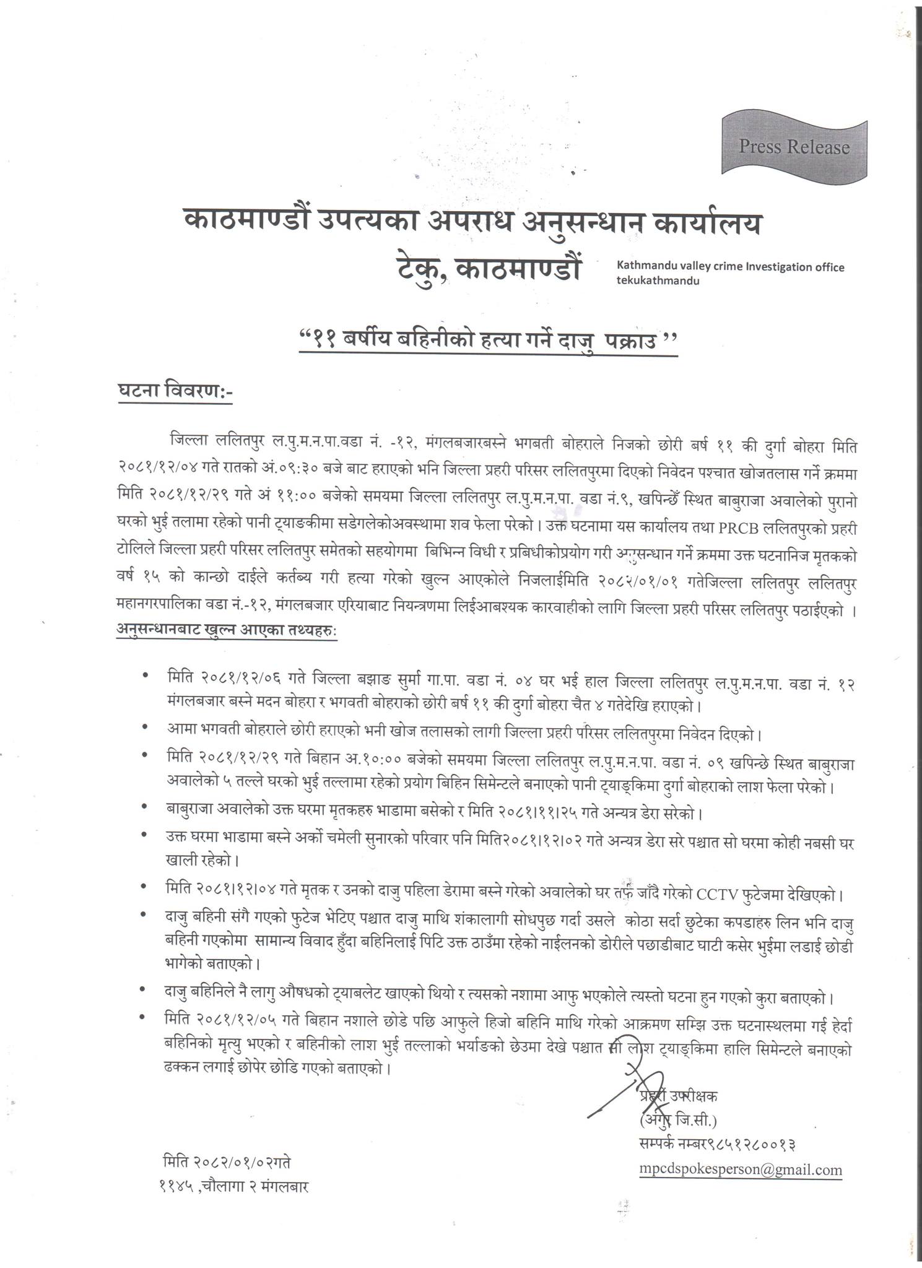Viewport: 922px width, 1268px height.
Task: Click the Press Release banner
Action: coord(794,147)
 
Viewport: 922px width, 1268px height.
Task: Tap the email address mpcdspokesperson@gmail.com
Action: coord(741,1170)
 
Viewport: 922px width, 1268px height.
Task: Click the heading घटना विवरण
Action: coord(175,393)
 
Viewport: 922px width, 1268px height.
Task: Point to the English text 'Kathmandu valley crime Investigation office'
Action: coord(730,267)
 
